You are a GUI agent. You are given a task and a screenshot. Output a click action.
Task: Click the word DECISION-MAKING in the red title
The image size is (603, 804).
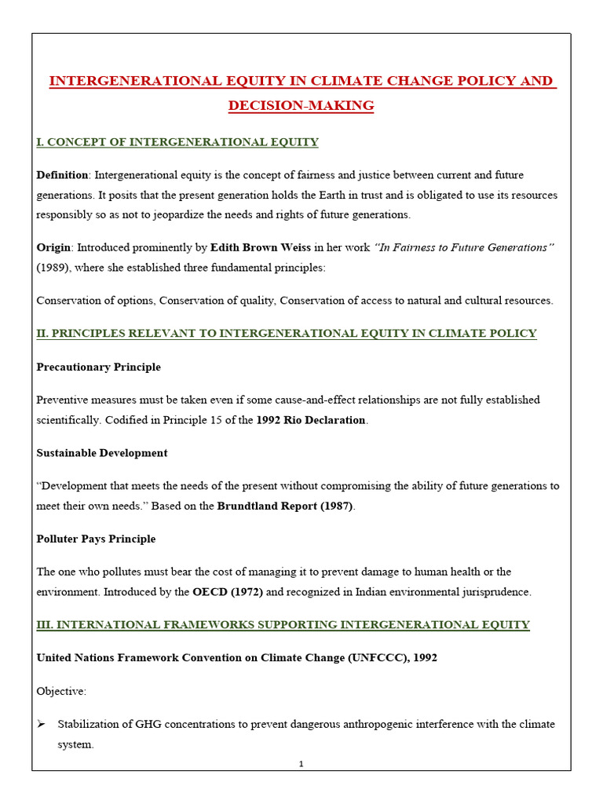tap(301, 105)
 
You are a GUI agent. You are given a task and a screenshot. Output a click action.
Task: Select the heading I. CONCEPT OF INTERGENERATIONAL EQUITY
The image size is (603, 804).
tap(177, 142)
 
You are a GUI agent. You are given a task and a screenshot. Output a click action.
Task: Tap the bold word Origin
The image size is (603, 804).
tap(53, 247)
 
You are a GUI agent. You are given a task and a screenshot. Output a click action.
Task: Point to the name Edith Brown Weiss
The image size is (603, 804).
tap(261, 247)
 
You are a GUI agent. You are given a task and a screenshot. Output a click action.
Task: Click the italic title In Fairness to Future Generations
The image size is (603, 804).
tap(465, 247)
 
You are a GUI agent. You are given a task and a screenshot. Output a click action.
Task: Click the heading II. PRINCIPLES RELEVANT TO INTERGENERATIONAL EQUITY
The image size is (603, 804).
tap(287, 334)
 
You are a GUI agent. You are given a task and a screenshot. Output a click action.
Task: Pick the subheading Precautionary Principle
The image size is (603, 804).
tap(98, 367)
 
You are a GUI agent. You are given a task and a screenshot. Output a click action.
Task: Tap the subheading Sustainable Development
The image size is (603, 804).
tap(101, 453)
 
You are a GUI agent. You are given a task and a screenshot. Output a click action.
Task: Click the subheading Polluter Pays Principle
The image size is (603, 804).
tap(96, 539)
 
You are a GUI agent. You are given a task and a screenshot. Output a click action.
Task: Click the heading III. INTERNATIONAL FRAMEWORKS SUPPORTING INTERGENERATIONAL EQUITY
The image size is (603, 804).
tap(283, 625)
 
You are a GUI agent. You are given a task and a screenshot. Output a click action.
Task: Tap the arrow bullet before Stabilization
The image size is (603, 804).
tap(42, 724)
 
